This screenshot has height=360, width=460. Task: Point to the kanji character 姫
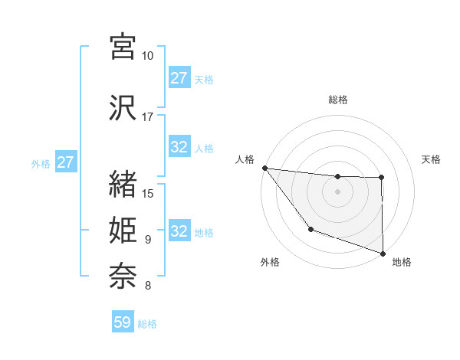click(x=123, y=230)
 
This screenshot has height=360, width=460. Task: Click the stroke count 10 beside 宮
click(x=148, y=56)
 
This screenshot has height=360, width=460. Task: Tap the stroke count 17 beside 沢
click(x=148, y=117)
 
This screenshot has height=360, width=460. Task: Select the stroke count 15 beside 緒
click(x=148, y=193)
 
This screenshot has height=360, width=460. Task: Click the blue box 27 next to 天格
click(x=179, y=78)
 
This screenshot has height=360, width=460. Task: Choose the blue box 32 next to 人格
click(x=179, y=148)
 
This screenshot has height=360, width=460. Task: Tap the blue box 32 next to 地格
click(x=179, y=232)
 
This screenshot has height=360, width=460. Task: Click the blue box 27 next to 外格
click(x=65, y=162)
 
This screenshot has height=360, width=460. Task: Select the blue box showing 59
click(x=123, y=323)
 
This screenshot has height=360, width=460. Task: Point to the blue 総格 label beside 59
click(x=147, y=324)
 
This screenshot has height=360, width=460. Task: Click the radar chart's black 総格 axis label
click(x=337, y=100)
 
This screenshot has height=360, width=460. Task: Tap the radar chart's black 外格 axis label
click(x=269, y=262)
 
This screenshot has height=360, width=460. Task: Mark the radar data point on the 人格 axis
click(x=264, y=168)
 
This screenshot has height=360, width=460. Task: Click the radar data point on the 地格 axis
click(x=382, y=253)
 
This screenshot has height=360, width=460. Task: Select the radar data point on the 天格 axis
click(x=381, y=178)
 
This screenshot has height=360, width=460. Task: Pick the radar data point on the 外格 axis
click(x=310, y=229)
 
